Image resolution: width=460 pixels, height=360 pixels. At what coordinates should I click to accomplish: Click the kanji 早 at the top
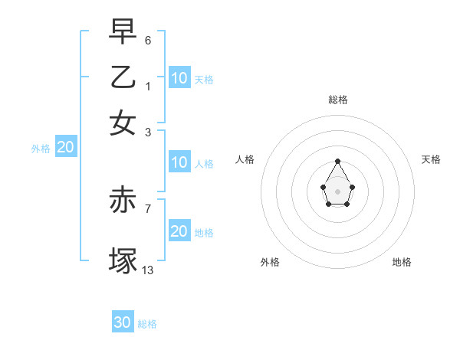123,31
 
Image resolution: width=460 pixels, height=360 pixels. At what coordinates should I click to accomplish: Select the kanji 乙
123,78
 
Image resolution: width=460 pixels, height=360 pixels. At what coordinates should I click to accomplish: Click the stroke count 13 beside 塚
148,269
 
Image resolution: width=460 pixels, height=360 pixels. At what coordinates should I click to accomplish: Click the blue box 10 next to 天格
179,78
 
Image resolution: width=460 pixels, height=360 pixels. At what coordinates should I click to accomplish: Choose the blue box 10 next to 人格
179,162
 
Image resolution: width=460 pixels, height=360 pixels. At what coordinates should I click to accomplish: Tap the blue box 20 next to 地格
179,231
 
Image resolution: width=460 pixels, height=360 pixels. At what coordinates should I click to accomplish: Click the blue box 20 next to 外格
66,148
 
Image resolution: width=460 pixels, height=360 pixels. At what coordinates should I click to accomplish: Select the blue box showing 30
123,322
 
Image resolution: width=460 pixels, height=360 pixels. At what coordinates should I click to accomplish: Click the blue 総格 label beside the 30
147,324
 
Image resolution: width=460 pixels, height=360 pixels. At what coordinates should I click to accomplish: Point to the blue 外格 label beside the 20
41,149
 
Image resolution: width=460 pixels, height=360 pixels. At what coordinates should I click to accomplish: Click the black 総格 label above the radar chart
337,100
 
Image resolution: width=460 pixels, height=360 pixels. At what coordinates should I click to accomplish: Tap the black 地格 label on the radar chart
402,262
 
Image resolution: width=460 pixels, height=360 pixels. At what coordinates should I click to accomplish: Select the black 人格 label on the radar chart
245,159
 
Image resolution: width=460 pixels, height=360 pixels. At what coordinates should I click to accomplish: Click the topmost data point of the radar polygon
337,161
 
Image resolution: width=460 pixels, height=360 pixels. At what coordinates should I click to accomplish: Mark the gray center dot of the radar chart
337,191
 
